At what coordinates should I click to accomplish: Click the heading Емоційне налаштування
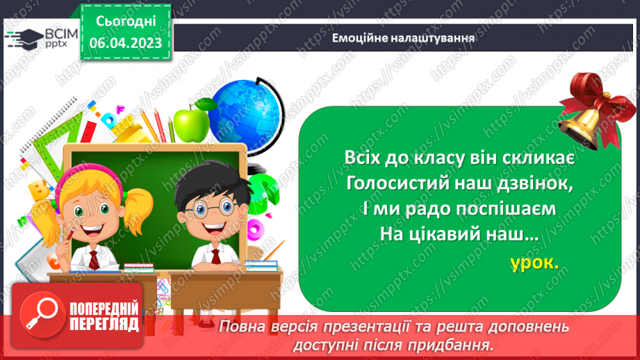pyautogui.click(x=404, y=38)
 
